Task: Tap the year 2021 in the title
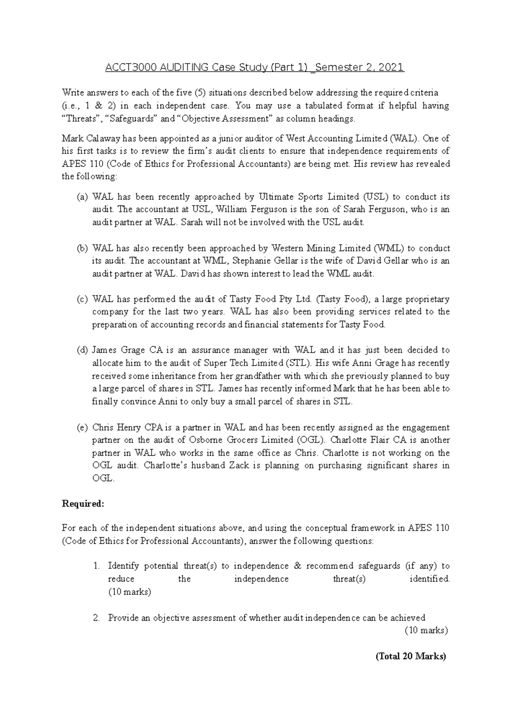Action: click(391, 67)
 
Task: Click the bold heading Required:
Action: click(83, 504)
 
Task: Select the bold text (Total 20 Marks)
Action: click(410, 656)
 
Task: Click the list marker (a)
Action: click(82, 197)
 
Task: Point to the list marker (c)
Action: click(82, 299)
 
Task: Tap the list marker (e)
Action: click(82, 427)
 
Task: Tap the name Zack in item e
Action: click(240, 465)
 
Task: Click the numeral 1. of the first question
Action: click(96, 566)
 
